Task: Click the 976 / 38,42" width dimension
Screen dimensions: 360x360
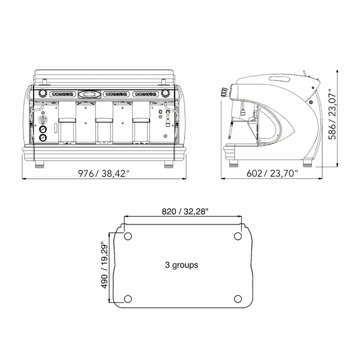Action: (x=104, y=174)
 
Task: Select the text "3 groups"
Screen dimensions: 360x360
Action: (x=181, y=265)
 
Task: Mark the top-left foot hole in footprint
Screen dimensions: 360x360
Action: (x=128, y=236)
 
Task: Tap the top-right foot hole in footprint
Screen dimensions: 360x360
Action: (x=237, y=236)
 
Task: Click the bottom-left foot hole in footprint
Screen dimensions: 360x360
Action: (x=128, y=298)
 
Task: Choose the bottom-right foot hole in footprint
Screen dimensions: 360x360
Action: (x=237, y=298)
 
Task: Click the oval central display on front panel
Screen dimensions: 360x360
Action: (x=90, y=94)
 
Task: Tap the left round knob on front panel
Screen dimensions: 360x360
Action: (x=43, y=94)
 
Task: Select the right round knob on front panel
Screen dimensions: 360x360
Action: (x=164, y=94)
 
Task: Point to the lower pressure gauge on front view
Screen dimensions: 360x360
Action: (x=43, y=137)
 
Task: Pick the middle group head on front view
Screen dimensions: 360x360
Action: (x=104, y=123)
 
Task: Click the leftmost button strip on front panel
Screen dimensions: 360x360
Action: (x=62, y=94)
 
